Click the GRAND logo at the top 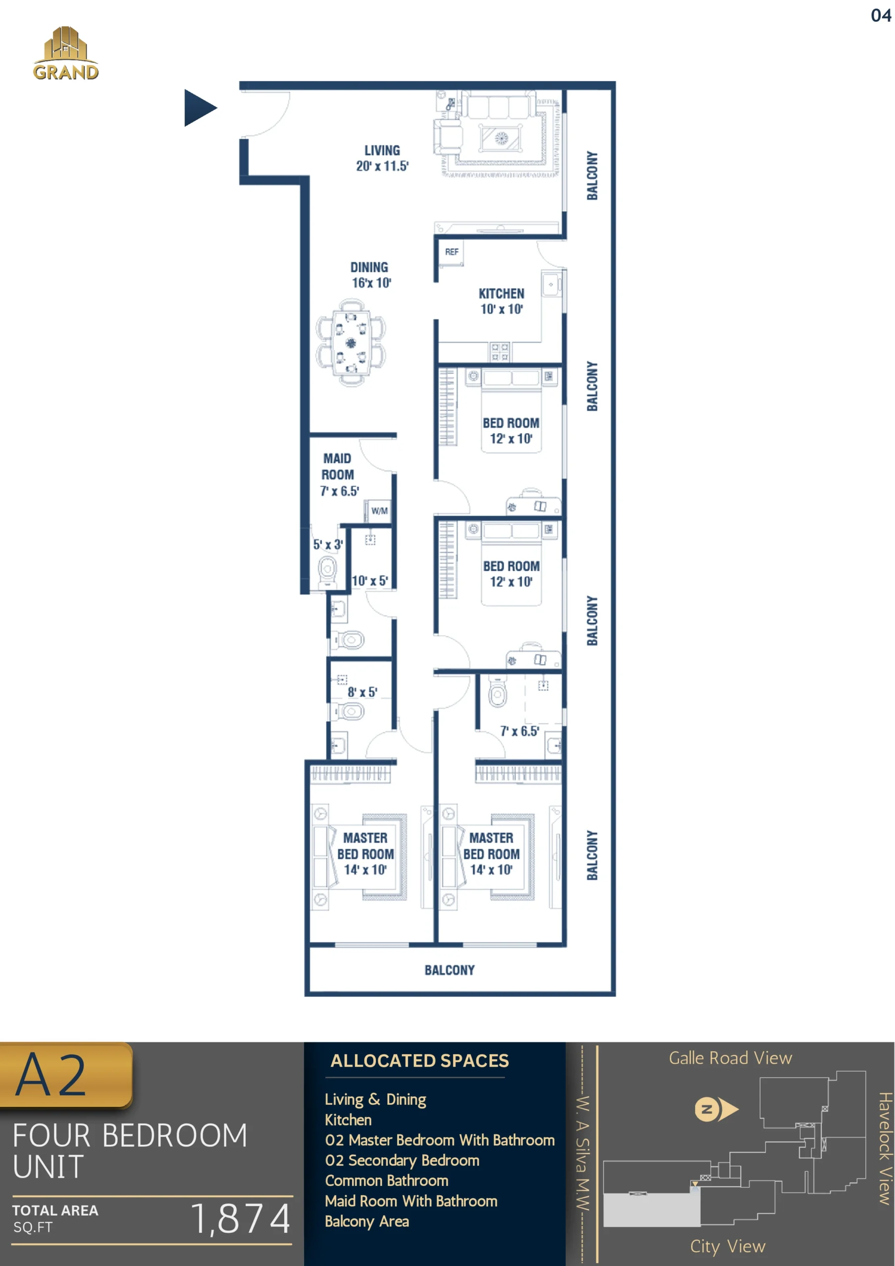pyautogui.click(x=66, y=53)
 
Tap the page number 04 pyautogui.click(x=881, y=15)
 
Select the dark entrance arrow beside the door pyautogui.click(x=200, y=107)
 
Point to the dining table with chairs pyautogui.click(x=351, y=342)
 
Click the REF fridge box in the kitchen pyautogui.click(x=451, y=253)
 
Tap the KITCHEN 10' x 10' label pyautogui.click(x=501, y=301)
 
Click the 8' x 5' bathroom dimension pyautogui.click(x=362, y=692)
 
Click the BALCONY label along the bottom pyautogui.click(x=449, y=970)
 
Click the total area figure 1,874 pyautogui.click(x=241, y=1218)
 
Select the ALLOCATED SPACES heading pyautogui.click(x=420, y=1060)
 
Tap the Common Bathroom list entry pyautogui.click(x=387, y=1180)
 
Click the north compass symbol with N pyautogui.click(x=716, y=1109)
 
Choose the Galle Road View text pyautogui.click(x=730, y=1058)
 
